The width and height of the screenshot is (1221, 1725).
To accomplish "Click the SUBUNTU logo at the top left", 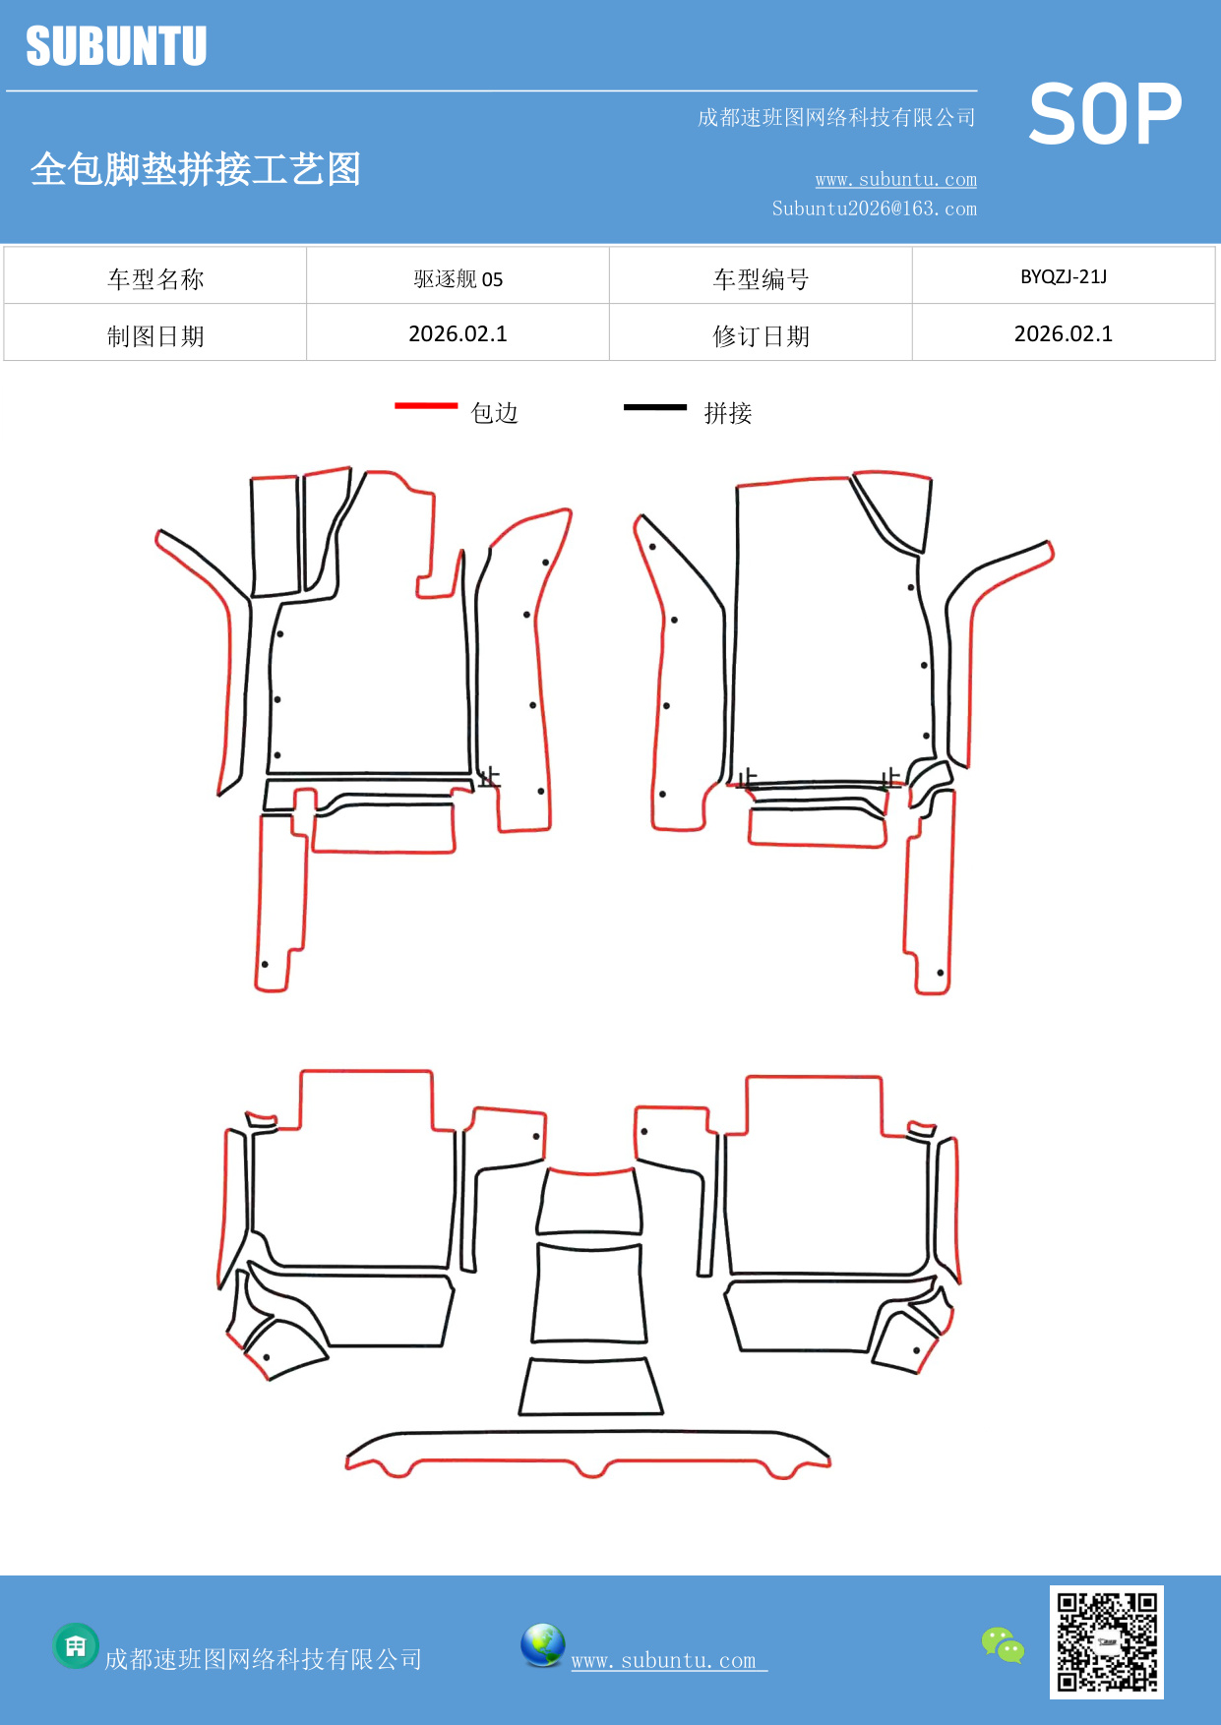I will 116,46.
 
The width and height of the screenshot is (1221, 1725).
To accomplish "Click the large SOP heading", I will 1105,114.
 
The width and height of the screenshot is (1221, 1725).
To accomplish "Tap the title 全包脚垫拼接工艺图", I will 196,169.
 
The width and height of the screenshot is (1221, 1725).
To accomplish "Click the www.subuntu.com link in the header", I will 895,180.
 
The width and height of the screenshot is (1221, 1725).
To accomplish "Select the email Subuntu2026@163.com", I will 874,208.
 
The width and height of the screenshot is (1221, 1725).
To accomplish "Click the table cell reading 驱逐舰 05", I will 458,279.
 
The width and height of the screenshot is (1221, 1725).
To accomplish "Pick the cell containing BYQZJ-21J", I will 1064,276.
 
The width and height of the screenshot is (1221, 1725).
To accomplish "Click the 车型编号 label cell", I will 761,279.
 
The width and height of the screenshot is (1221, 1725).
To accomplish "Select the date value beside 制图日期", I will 458,334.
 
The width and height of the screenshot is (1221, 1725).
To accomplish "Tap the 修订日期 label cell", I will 761,336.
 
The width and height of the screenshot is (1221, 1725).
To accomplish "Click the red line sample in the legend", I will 426,405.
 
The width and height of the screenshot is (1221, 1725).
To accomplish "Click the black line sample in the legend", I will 655,406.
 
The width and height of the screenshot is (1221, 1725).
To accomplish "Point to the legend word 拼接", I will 728,413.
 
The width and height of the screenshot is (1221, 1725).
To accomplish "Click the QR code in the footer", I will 1107,1641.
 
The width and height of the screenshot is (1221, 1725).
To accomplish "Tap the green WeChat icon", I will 1003,1644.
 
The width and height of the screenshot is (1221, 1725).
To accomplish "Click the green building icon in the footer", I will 76,1645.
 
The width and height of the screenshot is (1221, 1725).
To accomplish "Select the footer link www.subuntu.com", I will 664,1661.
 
